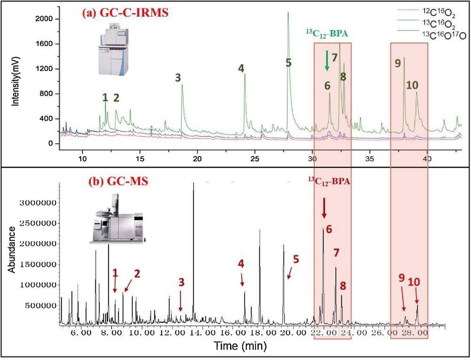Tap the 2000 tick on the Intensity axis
[46, 19]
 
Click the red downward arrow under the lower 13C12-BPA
[324, 207]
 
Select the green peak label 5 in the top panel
[289, 63]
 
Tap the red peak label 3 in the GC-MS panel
[181, 282]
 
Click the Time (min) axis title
[240, 346]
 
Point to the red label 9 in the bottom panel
[402, 277]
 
